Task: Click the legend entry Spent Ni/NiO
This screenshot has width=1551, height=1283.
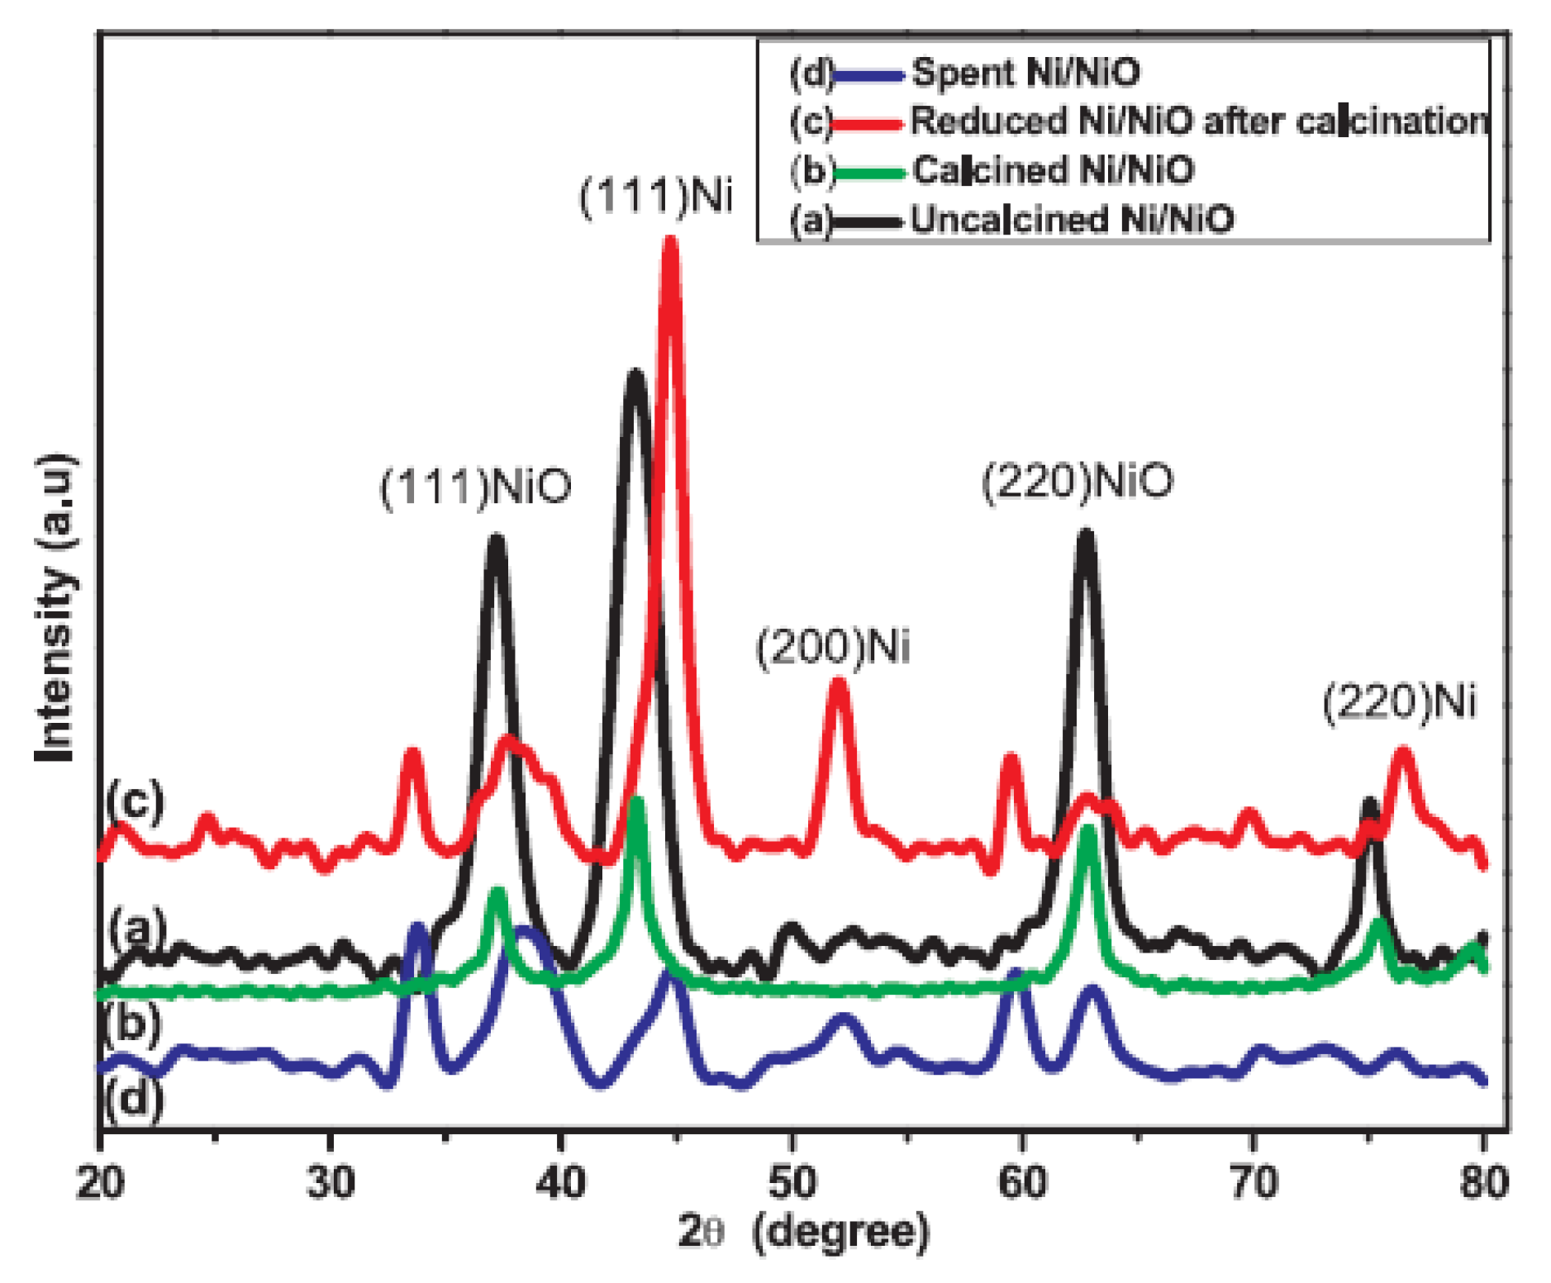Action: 1025,73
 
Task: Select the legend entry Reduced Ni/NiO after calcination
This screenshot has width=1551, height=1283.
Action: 1198,121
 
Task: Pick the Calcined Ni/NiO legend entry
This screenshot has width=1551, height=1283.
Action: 1053,170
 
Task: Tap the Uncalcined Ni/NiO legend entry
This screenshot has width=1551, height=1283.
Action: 1072,220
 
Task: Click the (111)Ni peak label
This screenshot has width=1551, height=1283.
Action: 655,197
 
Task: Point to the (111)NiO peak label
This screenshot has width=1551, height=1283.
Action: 475,486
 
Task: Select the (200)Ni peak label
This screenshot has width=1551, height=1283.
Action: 832,647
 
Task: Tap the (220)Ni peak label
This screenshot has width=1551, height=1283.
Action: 1399,702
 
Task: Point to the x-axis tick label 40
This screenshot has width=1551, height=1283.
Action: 561,1182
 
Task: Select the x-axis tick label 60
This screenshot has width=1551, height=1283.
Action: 1023,1182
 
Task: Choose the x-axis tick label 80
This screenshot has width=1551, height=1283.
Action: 1484,1182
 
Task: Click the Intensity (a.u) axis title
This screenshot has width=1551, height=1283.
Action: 56,607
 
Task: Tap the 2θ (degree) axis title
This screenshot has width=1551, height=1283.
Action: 803,1232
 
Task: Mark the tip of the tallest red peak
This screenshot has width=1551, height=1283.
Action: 670,240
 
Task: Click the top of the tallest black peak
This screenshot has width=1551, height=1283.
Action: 635,373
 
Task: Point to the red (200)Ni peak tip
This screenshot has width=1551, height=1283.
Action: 838,682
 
